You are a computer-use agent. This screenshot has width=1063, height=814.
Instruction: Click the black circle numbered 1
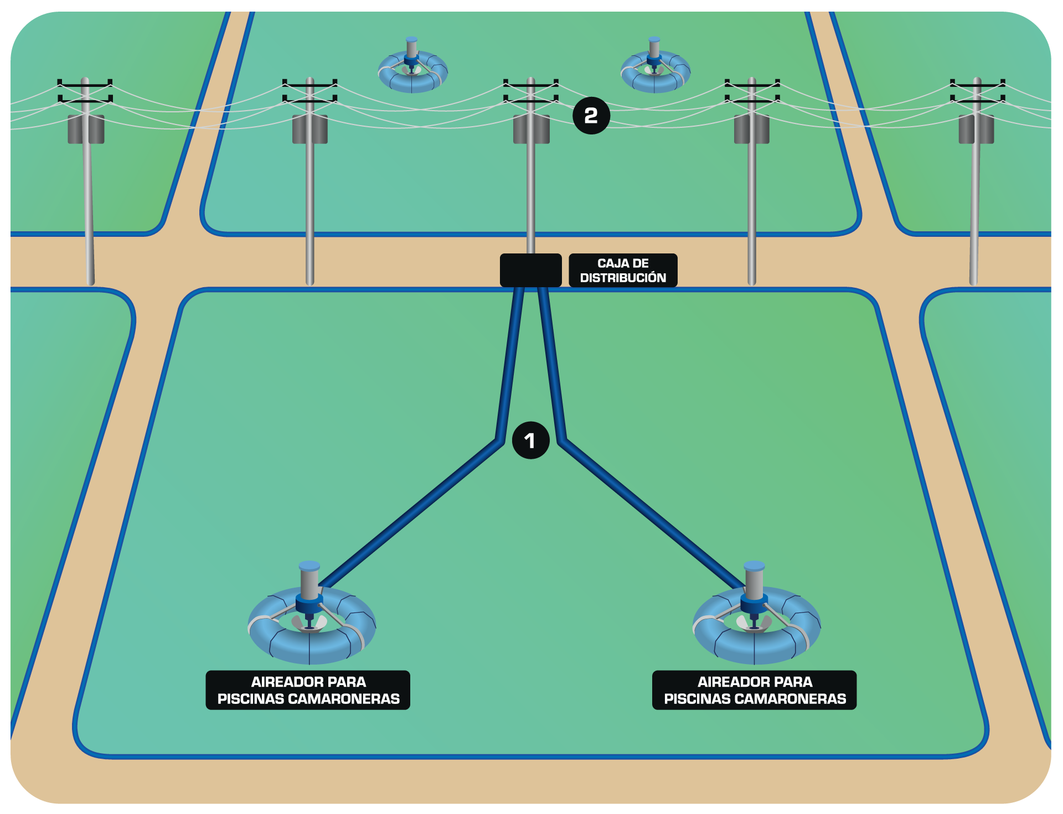[530, 440]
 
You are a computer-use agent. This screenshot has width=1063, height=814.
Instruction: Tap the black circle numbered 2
[591, 116]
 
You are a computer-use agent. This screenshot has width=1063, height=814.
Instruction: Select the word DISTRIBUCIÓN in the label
[623, 278]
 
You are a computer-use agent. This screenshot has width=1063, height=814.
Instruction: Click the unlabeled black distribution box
[530, 270]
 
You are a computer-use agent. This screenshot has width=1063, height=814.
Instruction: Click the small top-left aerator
[412, 69]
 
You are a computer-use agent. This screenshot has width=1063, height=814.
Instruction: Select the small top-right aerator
[655, 69]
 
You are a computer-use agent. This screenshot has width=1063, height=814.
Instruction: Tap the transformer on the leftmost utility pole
[86, 129]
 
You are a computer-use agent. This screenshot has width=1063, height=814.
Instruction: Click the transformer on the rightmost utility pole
[976, 129]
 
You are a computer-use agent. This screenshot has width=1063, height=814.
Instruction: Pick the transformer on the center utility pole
[531, 129]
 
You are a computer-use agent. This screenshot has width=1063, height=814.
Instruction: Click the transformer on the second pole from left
[310, 129]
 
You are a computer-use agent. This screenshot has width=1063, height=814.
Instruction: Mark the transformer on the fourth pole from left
[751, 129]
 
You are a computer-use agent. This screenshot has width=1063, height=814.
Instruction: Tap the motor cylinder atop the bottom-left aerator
[309, 580]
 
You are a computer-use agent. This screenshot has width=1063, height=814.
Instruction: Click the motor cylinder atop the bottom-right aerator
[754, 580]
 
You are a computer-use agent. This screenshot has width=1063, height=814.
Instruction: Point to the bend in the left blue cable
[500, 441]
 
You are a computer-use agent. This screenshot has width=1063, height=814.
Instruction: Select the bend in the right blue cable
[562, 441]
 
